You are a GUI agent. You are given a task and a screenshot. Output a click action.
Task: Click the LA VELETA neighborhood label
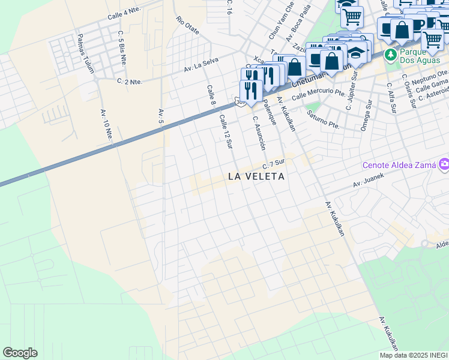pyautogui.click(x=256, y=176)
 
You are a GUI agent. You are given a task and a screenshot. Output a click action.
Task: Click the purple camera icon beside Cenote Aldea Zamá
pyautogui.click(x=444, y=164)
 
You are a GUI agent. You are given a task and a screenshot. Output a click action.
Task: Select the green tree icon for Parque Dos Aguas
pyautogui.click(x=390, y=55)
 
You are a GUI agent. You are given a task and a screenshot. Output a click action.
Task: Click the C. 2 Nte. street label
pyautogui.click(x=130, y=81)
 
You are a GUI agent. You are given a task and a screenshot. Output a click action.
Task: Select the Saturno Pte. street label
pyautogui.click(x=323, y=120)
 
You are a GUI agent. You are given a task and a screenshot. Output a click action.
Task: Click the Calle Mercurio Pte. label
pyautogui.click(x=318, y=94)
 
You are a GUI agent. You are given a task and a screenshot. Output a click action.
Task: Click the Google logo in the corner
pyautogui.click(x=20, y=353)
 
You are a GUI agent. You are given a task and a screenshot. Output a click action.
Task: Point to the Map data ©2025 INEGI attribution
pyautogui.click(x=414, y=355)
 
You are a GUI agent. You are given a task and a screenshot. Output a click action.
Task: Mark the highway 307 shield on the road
pyautogui.click(x=240, y=103)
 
